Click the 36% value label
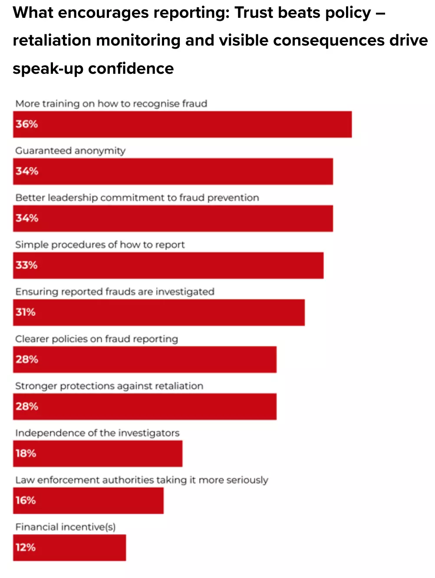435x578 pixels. click(26, 124)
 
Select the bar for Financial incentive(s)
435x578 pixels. click(69, 548)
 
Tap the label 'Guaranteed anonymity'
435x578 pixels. click(70, 151)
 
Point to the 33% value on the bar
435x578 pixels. click(26, 265)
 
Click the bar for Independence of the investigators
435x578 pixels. click(98, 453)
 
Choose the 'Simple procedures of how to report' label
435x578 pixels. click(100, 245)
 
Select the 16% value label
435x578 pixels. click(26, 500)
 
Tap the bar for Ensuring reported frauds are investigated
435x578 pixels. click(159, 312)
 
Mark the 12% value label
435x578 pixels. click(26, 547)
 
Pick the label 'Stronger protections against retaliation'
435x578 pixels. click(109, 386)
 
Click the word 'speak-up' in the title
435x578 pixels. click(48, 69)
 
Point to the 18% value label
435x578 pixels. click(26, 453)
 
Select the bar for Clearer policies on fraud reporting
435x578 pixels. click(145, 359)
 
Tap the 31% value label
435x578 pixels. click(26, 312)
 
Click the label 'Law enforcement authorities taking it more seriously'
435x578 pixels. click(142, 480)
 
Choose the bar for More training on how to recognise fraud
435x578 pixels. click(182, 125)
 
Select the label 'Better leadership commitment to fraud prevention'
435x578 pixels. click(137, 198)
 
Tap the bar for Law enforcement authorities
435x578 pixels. click(88, 501)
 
